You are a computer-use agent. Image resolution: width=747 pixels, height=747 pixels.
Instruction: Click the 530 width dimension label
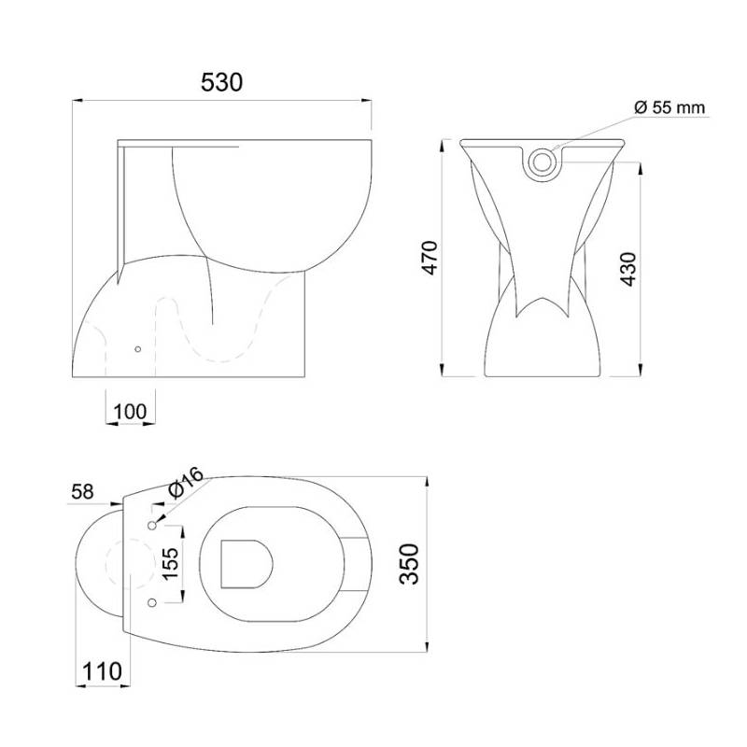pos(222,82)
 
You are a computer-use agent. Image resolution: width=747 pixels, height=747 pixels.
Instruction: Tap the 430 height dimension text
pos(628,269)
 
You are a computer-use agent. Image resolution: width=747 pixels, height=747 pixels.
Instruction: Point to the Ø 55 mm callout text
pos(669,107)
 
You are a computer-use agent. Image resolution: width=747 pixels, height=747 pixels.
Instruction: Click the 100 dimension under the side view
pos(130,410)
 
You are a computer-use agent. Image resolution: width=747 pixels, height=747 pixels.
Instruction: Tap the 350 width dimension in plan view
pos(407,565)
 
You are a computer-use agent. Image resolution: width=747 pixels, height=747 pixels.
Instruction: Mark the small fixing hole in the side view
pos(138,349)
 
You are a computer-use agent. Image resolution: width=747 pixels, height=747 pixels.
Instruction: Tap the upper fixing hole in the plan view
pos(150,528)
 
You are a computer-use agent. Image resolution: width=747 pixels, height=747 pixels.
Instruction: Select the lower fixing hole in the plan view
pos(150,599)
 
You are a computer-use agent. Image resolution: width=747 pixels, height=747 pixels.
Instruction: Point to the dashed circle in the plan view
pos(127,563)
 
